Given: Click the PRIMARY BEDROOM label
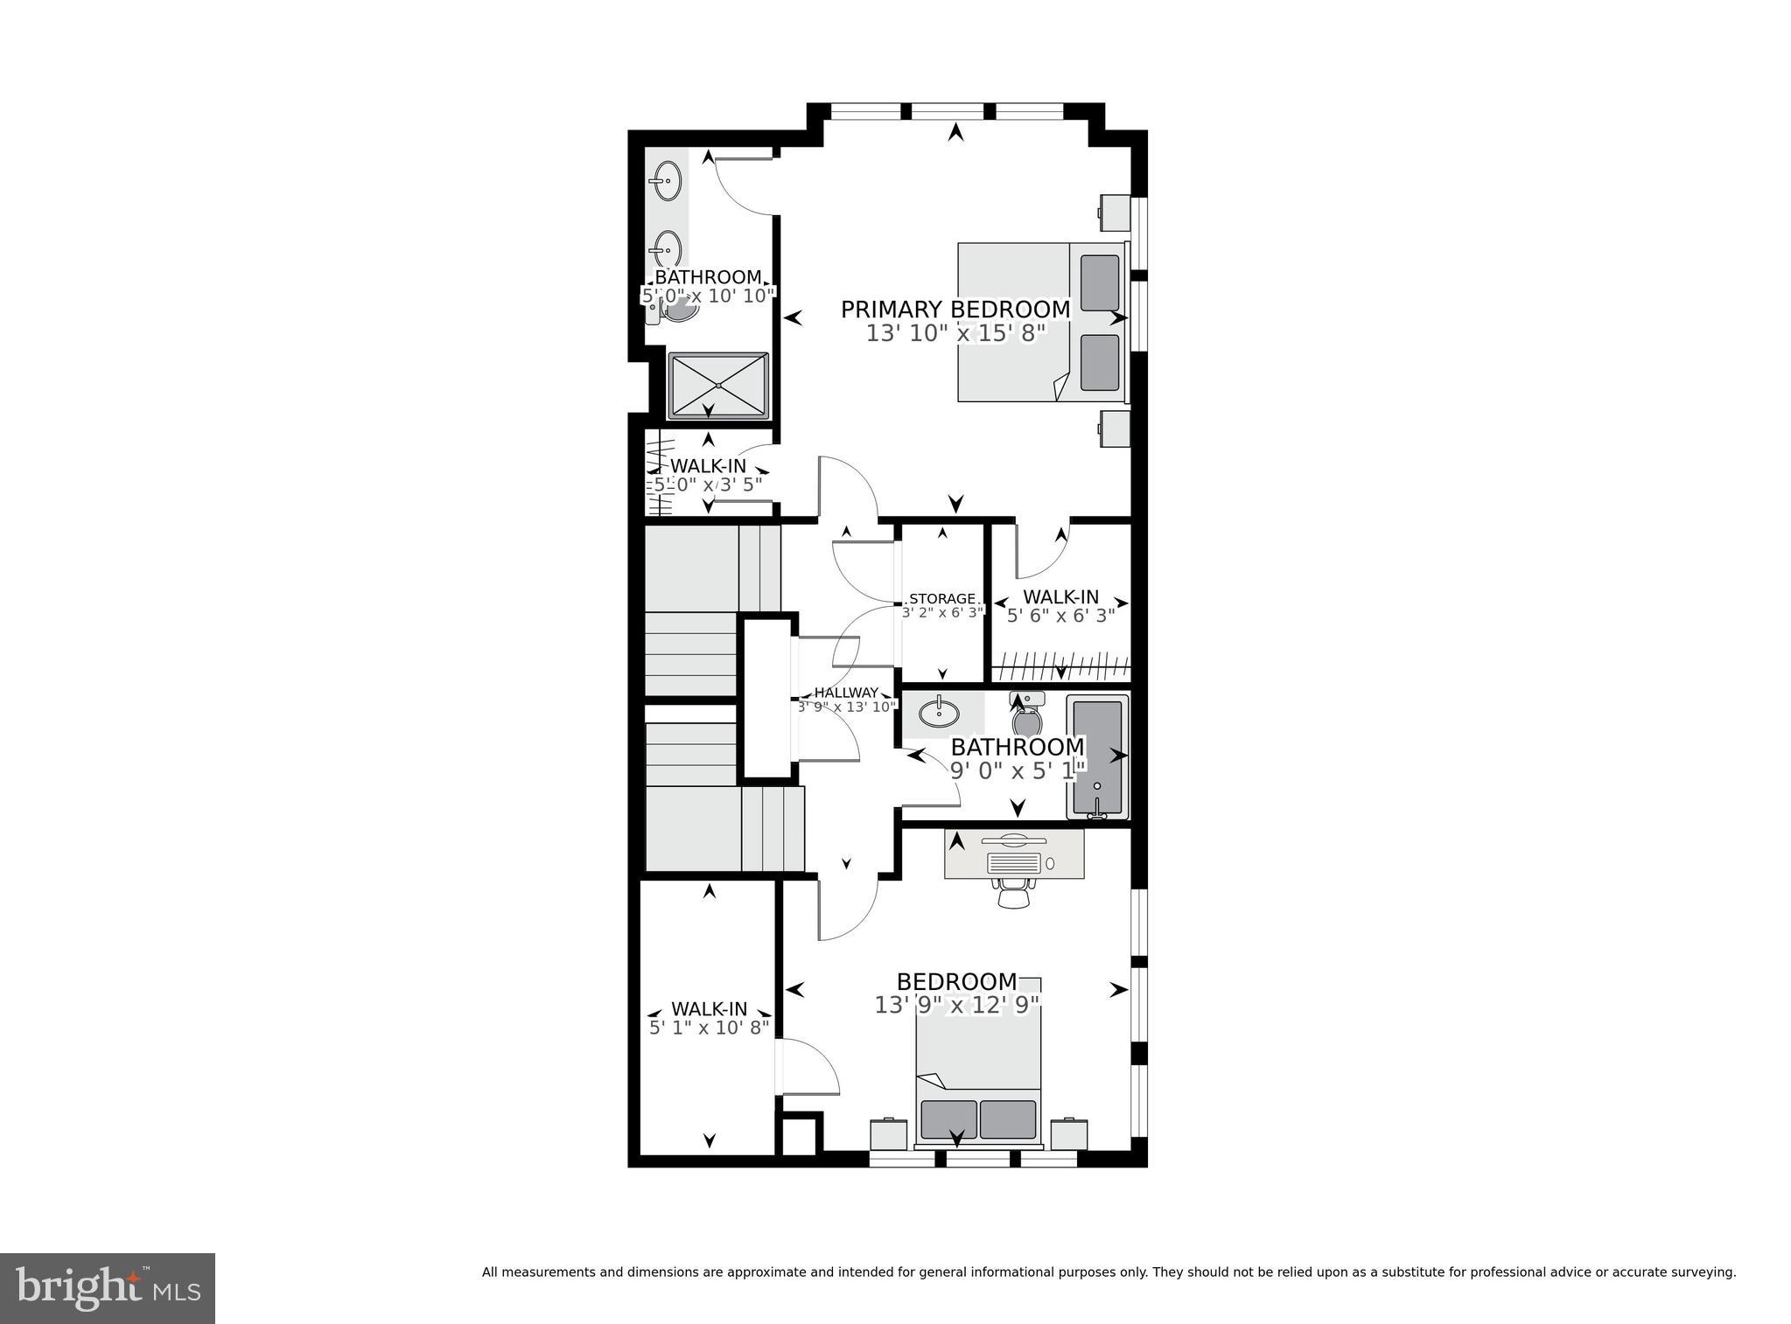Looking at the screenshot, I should click(955, 310).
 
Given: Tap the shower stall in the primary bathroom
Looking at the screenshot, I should click(718, 385).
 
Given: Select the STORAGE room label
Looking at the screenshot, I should click(941, 599).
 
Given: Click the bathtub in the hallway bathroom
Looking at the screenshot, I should click(1097, 757).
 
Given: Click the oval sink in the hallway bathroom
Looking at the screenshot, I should click(939, 714).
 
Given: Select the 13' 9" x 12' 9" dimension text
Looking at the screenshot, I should click(957, 1005).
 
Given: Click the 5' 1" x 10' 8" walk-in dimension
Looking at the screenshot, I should click(709, 1027).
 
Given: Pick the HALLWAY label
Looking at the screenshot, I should click(846, 693).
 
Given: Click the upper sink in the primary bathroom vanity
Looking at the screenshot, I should click(667, 182).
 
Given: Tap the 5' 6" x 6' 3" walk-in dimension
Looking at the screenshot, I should click(1060, 616).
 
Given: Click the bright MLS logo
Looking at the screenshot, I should click(108, 1288).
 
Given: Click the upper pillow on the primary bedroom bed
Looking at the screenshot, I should click(1100, 282).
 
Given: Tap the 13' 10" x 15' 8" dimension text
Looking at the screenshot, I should click(955, 333).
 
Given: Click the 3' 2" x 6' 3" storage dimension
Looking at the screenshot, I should click(942, 613).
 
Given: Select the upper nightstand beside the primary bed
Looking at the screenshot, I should click(1115, 210).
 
